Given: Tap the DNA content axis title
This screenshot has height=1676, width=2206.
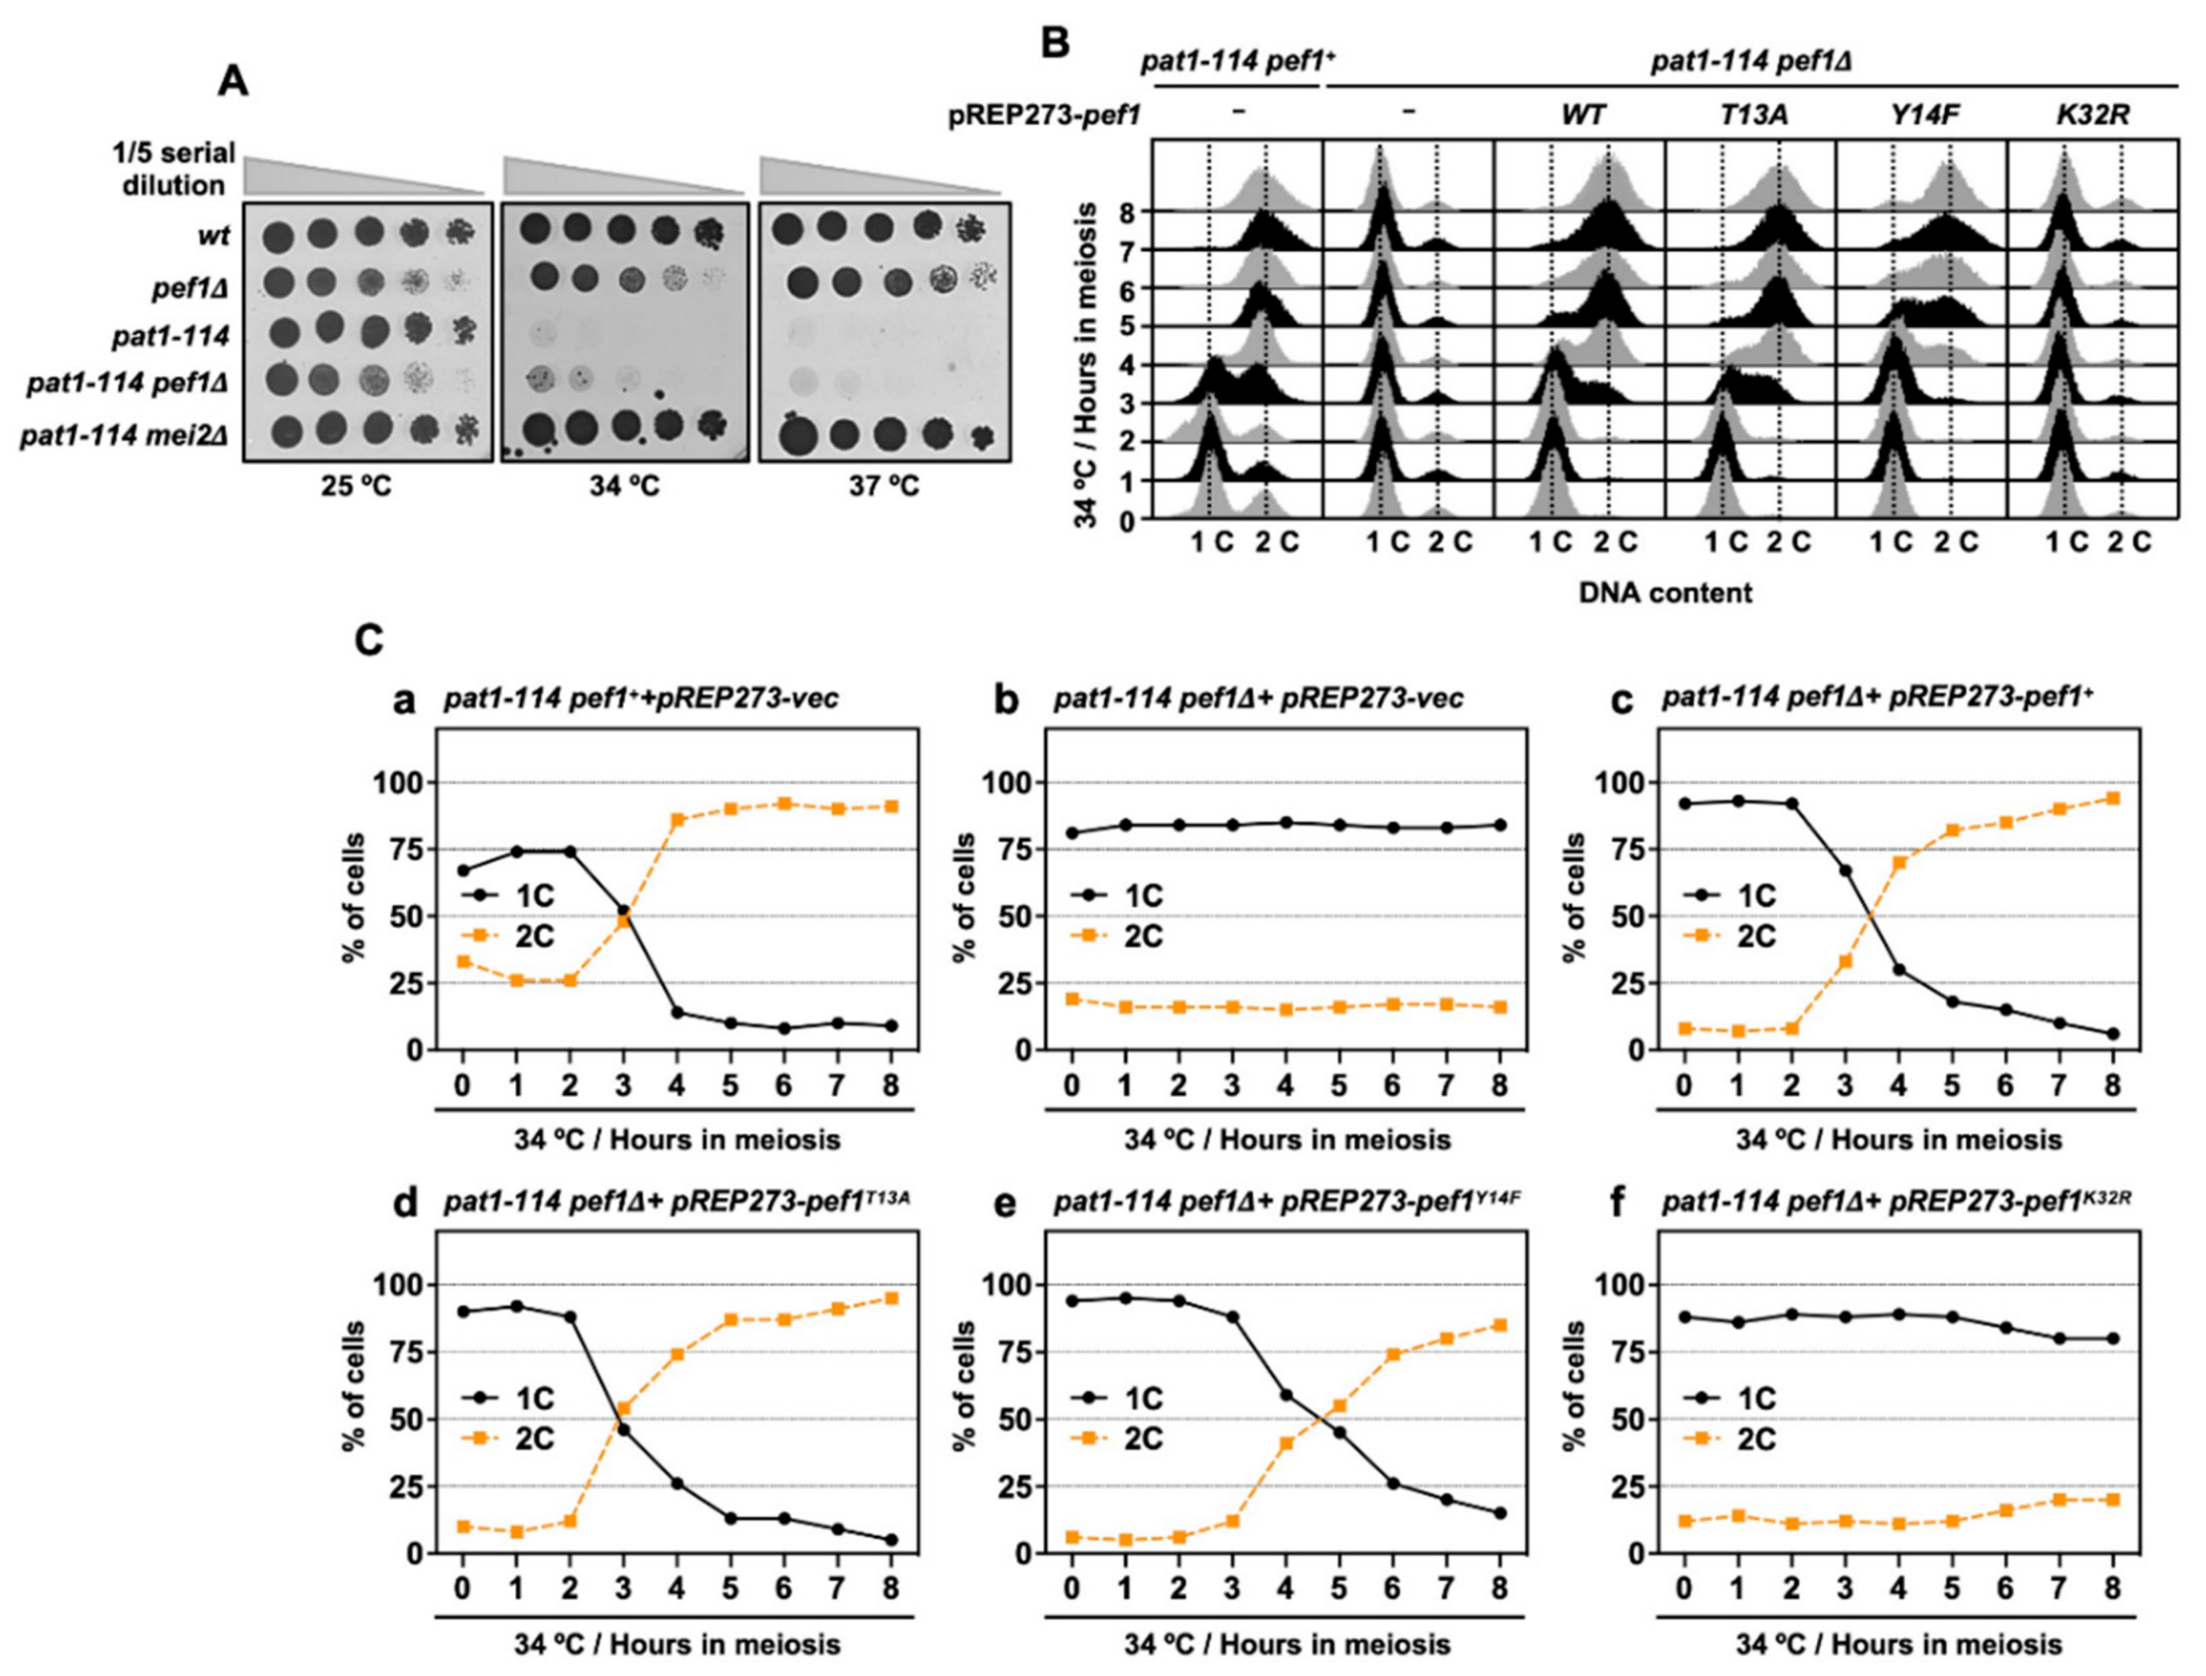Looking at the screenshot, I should click(x=1664, y=593).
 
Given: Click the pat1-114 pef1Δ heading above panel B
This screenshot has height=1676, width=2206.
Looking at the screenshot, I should click(x=1750, y=63).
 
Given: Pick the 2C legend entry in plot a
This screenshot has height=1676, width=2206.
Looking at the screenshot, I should click(x=509, y=936).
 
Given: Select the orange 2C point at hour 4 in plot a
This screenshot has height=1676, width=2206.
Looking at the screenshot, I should click(x=677, y=820).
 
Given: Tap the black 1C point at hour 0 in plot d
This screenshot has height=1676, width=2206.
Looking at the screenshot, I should click(x=462, y=1311).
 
